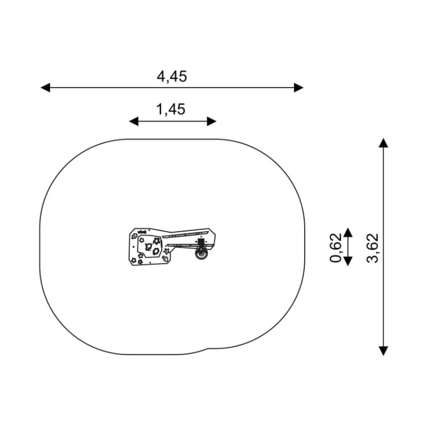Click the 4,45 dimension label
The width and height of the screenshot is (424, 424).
[172, 76]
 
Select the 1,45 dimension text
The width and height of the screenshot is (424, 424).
[171, 110]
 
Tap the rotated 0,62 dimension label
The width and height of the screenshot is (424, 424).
[335, 248]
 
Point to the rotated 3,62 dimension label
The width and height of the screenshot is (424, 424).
[373, 248]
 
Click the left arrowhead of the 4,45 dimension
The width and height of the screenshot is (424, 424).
[46, 87]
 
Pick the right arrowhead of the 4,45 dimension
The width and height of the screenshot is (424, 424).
[298, 87]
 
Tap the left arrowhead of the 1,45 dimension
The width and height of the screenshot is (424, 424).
[134, 121]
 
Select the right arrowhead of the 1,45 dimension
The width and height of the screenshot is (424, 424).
[211, 121]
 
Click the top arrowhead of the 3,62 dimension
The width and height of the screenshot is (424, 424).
[383, 143]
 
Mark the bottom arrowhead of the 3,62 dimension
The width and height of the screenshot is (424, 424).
[383, 351]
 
